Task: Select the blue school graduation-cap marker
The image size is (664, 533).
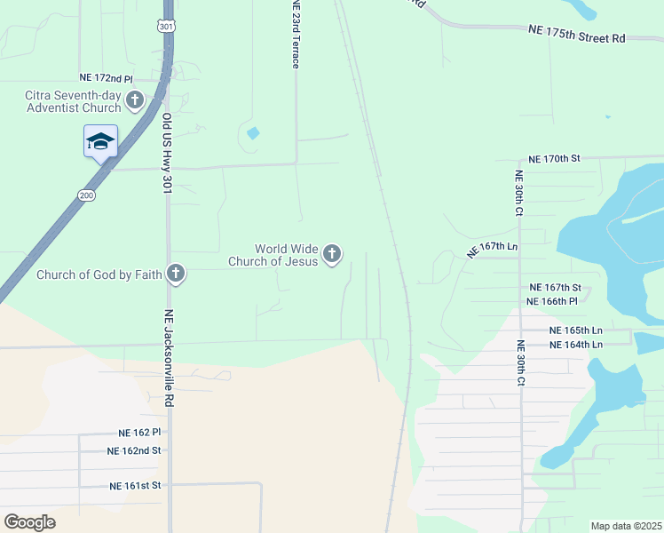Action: (x=100, y=141)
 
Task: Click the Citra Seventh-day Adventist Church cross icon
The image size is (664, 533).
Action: (x=135, y=100)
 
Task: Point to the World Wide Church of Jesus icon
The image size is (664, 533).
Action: (x=332, y=255)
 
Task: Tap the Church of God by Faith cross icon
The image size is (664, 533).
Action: (x=176, y=274)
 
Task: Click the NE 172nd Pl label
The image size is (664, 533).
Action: (x=106, y=79)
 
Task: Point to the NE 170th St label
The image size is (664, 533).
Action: (x=553, y=158)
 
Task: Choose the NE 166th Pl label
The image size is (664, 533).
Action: (x=553, y=301)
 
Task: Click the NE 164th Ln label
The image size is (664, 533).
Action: (x=576, y=344)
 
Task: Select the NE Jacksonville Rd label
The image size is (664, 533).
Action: (x=167, y=357)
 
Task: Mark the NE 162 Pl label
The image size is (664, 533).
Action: (x=139, y=433)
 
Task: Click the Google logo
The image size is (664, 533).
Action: (x=30, y=522)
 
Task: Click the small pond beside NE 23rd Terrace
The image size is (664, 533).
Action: (x=254, y=134)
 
